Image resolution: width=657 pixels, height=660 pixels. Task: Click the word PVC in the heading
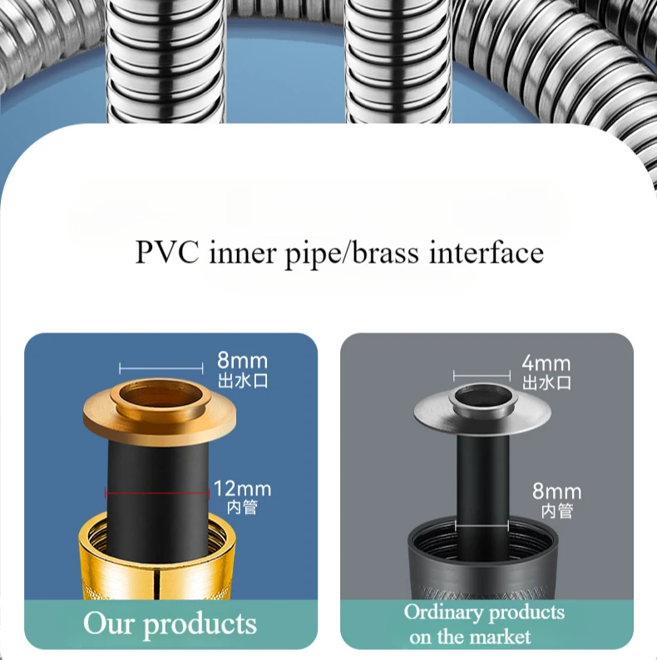(x=166, y=252)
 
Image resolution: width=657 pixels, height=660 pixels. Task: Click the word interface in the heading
(x=487, y=252)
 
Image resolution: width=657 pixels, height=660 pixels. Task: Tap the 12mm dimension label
(x=242, y=489)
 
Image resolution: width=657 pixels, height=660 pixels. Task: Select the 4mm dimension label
(x=546, y=363)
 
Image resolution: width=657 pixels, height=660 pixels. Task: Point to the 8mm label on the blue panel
(x=242, y=362)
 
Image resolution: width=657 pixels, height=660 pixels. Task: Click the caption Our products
(x=170, y=623)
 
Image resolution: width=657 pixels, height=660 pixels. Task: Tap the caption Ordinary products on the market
(x=483, y=624)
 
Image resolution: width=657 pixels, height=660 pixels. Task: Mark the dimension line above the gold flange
(x=161, y=367)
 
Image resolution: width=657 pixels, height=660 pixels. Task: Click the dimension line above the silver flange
(x=482, y=374)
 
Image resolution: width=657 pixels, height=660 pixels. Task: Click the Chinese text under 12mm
(x=242, y=507)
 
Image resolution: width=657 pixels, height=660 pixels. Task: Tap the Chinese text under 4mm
(x=546, y=382)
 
